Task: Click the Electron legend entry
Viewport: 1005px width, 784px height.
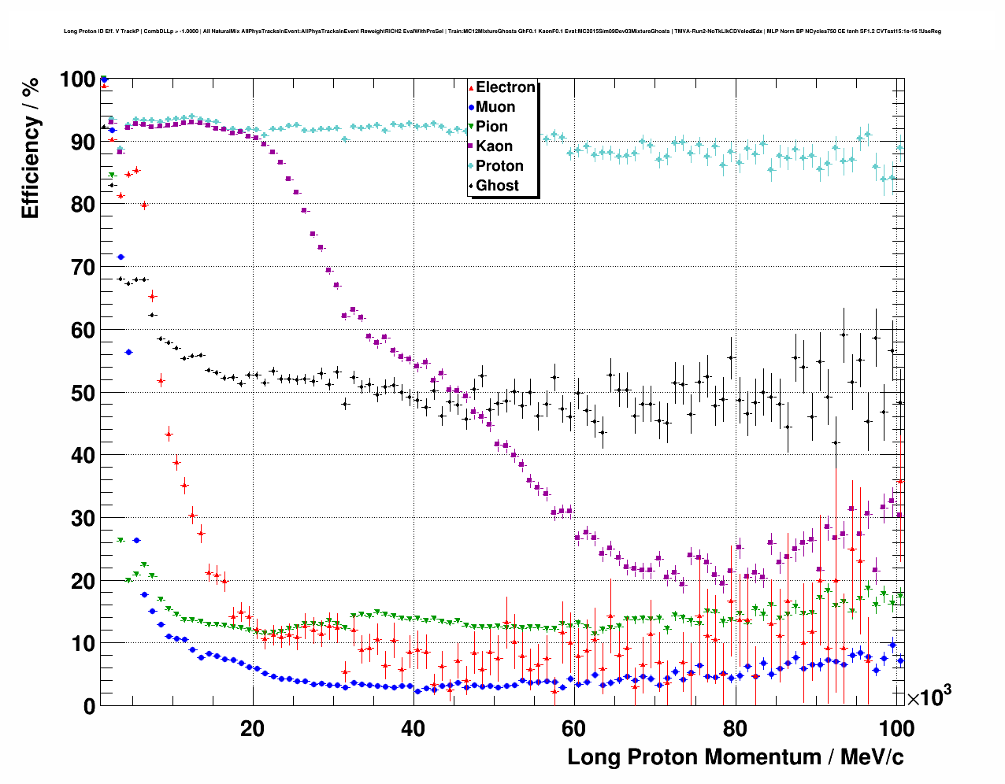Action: pyautogui.click(x=505, y=87)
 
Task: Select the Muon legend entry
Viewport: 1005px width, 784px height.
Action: pyautogui.click(x=495, y=107)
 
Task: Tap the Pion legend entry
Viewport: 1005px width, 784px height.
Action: pyautogui.click(x=491, y=127)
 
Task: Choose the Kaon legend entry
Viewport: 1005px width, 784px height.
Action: pyautogui.click(x=494, y=146)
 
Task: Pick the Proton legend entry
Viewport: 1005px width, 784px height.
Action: pyautogui.click(x=499, y=166)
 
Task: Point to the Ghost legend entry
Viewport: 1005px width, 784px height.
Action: pyautogui.click(x=497, y=186)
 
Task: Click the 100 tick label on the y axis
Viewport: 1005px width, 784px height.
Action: pyautogui.click(x=77, y=80)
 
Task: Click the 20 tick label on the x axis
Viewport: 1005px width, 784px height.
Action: pyautogui.click(x=252, y=728)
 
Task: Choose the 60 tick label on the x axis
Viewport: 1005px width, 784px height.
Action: pyautogui.click(x=574, y=728)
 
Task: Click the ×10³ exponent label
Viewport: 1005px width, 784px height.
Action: pyautogui.click(x=929, y=697)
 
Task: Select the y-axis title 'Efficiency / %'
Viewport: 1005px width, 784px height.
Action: pyautogui.click(x=30, y=148)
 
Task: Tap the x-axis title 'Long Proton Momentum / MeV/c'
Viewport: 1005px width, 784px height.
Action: pyautogui.click(x=735, y=757)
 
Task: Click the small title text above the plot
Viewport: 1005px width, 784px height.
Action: pyautogui.click(x=502, y=31)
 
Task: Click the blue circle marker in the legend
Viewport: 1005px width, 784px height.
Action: pyautogui.click(x=471, y=108)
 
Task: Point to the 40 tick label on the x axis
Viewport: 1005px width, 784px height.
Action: pyautogui.click(x=413, y=728)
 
